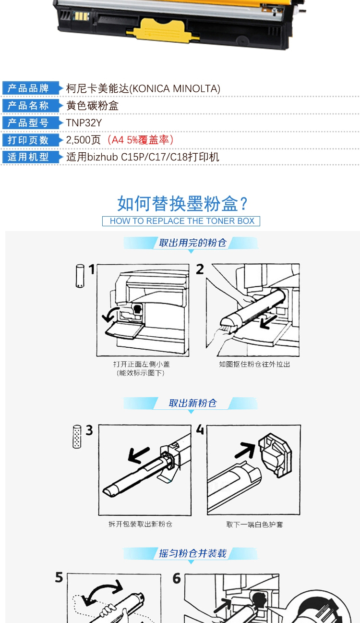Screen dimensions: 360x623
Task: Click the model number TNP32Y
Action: coord(84,122)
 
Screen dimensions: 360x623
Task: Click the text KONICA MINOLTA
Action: coord(175,89)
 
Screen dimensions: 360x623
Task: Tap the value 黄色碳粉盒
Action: coord(92,106)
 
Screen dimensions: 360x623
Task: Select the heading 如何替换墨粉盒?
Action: coord(182,204)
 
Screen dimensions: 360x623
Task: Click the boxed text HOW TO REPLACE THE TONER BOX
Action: coord(181,221)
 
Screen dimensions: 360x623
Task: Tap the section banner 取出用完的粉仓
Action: coord(192,243)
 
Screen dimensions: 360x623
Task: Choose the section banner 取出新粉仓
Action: coord(192,403)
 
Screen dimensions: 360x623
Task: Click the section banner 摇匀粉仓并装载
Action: coord(192,553)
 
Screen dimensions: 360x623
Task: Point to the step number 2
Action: coord(200,269)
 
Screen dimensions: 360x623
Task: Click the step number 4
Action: coord(200,430)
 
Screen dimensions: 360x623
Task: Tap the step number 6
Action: coord(177,579)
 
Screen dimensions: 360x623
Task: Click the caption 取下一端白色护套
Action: coord(255,525)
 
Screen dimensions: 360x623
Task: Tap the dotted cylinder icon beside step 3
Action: coord(77,436)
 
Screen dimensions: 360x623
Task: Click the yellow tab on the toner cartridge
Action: coord(163,31)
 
